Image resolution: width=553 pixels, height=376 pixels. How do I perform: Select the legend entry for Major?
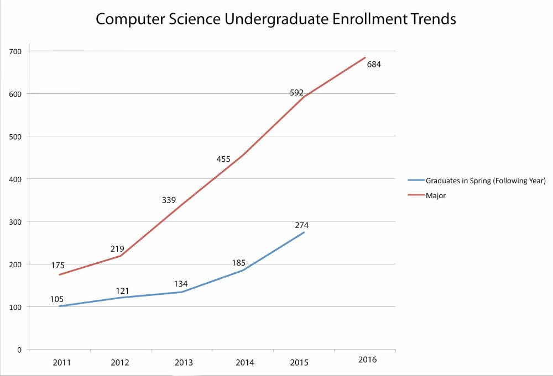click(x=435, y=195)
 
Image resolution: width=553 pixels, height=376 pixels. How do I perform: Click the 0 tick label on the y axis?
click(x=19, y=349)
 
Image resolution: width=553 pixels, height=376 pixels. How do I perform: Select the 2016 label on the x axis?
click(x=367, y=359)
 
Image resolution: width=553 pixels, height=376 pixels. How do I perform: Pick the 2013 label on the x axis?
click(x=184, y=363)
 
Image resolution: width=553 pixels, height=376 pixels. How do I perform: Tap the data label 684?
click(x=374, y=64)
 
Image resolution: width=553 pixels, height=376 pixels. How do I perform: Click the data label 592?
click(x=297, y=93)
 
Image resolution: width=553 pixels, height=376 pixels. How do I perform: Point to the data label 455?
click(x=223, y=159)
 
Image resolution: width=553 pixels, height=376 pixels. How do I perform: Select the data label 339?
click(x=169, y=200)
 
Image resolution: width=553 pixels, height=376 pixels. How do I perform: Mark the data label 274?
click(x=301, y=225)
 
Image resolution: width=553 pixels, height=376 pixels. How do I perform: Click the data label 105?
click(x=57, y=299)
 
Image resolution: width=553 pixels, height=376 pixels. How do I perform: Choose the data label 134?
click(x=181, y=284)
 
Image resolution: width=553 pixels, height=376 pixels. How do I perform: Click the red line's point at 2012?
click(x=121, y=256)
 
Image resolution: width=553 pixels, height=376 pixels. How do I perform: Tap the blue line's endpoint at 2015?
click(x=304, y=232)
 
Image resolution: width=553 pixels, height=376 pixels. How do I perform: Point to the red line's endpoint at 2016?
click(x=366, y=57)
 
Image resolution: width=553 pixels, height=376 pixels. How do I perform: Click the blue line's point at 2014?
click(x=243, y=271)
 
